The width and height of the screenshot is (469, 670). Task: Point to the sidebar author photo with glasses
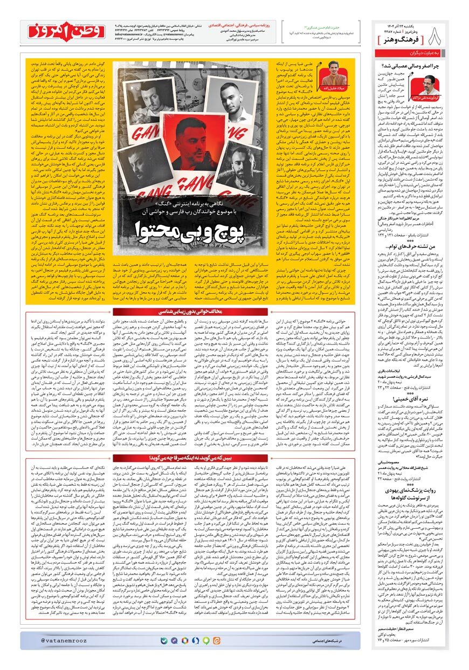tap(422, 85)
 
